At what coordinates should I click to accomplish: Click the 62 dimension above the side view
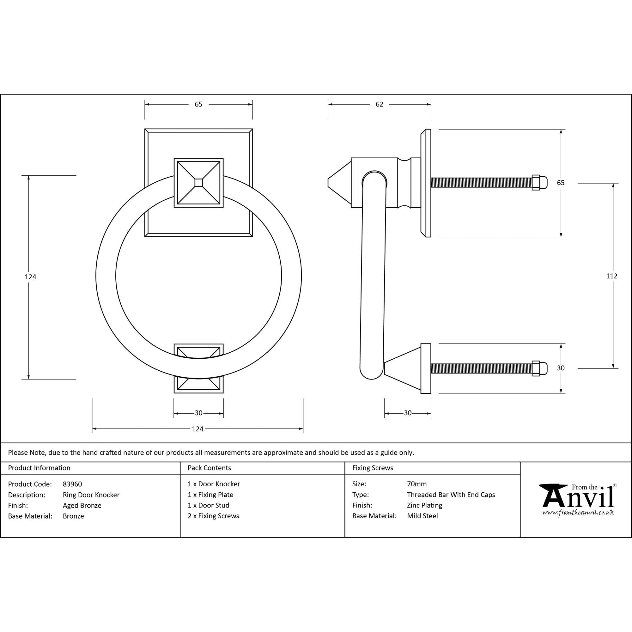[379, 104]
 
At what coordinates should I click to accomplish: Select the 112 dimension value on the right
[611, 276]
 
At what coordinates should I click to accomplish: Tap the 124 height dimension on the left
[30, 277]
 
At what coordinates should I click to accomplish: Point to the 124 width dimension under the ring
[197, 429]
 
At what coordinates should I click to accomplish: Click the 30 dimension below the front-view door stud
[198, 413]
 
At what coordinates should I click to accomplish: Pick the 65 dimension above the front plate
[198, 104]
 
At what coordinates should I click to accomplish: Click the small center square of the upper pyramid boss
[198, 183]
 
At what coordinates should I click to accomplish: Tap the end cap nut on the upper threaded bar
[536, 183]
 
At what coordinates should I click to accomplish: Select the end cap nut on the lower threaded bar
[536, 368]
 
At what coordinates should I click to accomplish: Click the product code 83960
[72, 484]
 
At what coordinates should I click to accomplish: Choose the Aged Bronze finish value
[82, 505]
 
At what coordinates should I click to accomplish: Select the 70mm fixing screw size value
[417, 484]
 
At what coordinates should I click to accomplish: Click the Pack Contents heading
[210, 468]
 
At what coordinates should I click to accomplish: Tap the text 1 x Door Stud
[208, 505]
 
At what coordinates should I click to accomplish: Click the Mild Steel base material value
[422, 516]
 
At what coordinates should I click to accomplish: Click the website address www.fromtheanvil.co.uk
[578, 513]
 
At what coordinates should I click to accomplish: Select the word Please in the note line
[18, 453]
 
